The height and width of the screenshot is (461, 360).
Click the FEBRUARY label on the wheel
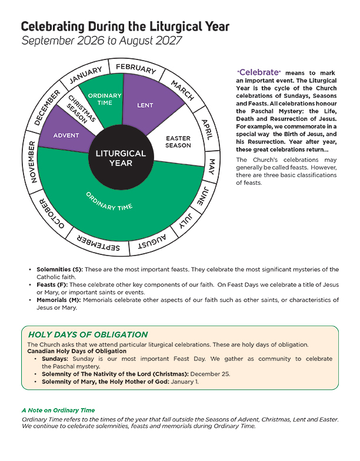pos(135,67)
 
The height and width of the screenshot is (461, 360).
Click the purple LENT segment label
pos(145,105)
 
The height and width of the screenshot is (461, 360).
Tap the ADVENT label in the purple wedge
pos(66,135)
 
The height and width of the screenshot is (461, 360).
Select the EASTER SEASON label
pos(178,141)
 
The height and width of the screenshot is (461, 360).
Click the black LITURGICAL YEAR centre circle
pos(121,158)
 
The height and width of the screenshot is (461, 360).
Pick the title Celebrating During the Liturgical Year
pos(125,27)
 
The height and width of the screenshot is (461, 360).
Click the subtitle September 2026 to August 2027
pos(101,41)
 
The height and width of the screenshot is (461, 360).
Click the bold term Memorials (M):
pos(57,300)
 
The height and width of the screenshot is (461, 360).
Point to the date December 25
pos(213,373)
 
